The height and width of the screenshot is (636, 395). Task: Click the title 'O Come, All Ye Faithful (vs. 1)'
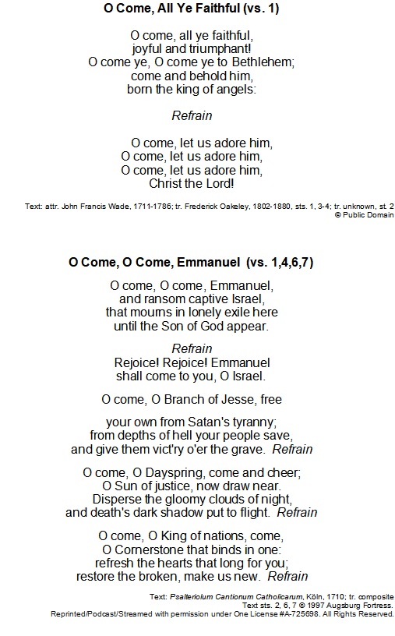tap(191, 9)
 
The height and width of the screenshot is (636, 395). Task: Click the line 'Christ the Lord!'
tap(192, 184)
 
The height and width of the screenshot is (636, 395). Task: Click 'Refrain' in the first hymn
tap(191, 116)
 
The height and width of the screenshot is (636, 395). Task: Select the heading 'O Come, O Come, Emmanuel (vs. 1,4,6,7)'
tap(191, 262)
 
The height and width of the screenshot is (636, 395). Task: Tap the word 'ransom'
tap(164, 299)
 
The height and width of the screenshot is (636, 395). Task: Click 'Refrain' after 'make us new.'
tap(287, 576)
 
